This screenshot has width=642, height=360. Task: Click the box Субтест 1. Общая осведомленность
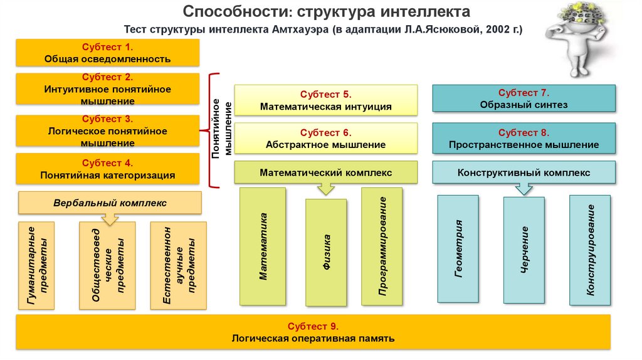[107, 53]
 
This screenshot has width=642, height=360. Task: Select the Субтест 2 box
[107, 89]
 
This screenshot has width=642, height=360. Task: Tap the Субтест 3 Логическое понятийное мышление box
[107, 130]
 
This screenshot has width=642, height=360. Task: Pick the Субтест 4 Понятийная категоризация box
[107, 169]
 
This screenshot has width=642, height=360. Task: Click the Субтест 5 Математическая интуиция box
[326, 100]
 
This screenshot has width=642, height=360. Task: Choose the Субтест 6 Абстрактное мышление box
[326, 139]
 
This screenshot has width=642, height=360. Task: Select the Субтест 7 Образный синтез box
[524, 98]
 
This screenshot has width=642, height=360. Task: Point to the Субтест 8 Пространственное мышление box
[524, 139]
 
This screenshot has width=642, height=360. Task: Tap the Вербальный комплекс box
[110, 203]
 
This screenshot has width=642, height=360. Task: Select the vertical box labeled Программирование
[382, 246]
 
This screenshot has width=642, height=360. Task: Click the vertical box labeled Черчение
[524, 249]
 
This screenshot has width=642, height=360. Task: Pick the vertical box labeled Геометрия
[458, 249]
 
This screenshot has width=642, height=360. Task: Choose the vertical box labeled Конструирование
[589, 250]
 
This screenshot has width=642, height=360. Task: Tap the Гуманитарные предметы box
[42, 265]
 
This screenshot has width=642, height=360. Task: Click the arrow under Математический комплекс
[326, 188]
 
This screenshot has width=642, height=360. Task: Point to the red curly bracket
[211, 130]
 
